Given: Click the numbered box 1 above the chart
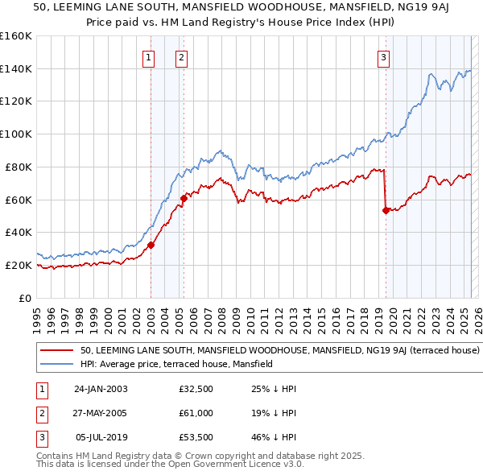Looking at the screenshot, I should click(149, 57).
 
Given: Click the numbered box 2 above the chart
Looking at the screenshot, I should click(182, 57).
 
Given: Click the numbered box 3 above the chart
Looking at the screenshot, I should click(384, 57).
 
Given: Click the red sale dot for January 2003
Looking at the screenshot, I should click(151, 245).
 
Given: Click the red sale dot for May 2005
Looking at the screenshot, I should click(184, 197).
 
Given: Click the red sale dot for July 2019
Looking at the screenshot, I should click(386, 210).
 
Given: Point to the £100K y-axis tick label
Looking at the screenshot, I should click(16, 134).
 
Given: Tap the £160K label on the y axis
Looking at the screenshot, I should click(16, 36).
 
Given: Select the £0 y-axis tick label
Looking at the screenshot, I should click(23, 298).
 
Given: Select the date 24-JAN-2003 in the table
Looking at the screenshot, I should click(101, 389).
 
